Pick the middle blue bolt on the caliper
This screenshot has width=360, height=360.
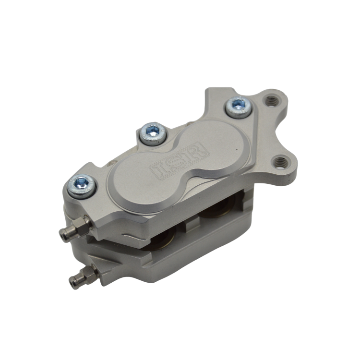point(153,131)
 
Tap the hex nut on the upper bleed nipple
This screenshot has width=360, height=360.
point(82,224)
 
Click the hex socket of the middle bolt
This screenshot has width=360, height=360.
point(153,130)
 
